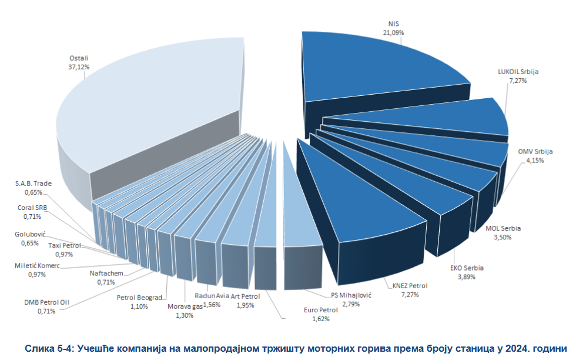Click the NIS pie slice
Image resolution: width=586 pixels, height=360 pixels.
point(376,68)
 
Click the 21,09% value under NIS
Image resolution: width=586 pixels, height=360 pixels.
point(393,33)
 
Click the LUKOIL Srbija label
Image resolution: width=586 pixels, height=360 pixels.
point(518,72)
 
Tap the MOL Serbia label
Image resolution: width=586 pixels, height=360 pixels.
point(503,228)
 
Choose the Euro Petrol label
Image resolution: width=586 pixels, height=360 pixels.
point(321,309)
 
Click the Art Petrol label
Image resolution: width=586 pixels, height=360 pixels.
point(246,296)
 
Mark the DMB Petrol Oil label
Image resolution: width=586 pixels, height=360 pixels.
point(48,302)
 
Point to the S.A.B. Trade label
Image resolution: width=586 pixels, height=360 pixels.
point(34,184)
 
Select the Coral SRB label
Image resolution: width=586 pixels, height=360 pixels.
point(32,208)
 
